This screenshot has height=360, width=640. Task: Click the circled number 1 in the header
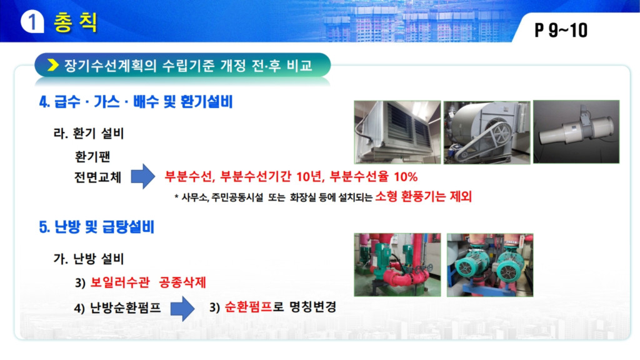tap(32, 22)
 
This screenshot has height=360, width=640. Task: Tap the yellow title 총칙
tap(76, 22)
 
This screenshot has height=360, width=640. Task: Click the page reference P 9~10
tap(561, 30)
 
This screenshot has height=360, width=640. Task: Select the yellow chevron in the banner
tap(52, 65)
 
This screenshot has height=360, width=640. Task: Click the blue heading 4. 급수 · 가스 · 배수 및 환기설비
tap(136, 102)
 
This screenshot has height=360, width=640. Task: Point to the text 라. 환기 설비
tap(89, 134)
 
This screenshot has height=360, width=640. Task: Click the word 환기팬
tap(92, 156)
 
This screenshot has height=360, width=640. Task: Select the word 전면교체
tap(98, 177)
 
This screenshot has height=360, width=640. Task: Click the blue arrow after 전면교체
tap(143, 176)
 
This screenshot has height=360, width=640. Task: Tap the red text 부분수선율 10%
tap(374, 177)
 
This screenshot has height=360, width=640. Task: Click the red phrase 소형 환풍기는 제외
tap(424, 197)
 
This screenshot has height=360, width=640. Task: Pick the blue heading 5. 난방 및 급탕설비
tap(97, 227)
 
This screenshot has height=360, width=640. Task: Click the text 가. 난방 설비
tap(89, 259)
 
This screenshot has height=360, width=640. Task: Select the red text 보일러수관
tap(119, 282)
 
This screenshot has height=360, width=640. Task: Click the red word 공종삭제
tap(182, 282)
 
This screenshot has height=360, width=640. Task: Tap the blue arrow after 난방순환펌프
tap(182, 309)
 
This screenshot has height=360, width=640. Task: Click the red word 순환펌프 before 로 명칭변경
tap(248, 307)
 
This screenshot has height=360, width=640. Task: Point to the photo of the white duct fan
tap(576, 132)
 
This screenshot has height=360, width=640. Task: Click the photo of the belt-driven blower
tap(487, 132)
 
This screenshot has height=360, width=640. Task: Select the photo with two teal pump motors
tap(490, 265)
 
